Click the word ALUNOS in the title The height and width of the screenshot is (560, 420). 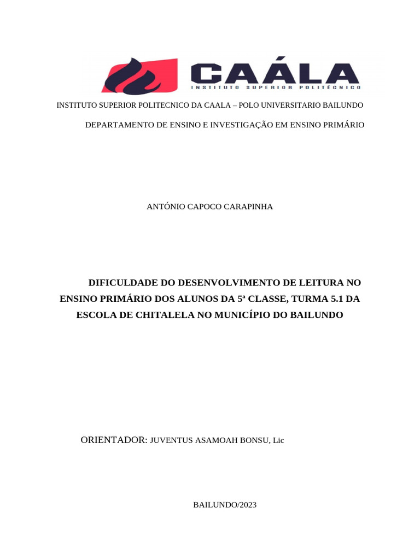pos(190,299)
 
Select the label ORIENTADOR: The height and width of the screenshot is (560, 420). pos(114,440)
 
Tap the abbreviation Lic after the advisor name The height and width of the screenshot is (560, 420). pos(278,441)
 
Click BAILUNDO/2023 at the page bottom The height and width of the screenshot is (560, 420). pos(225,505)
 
